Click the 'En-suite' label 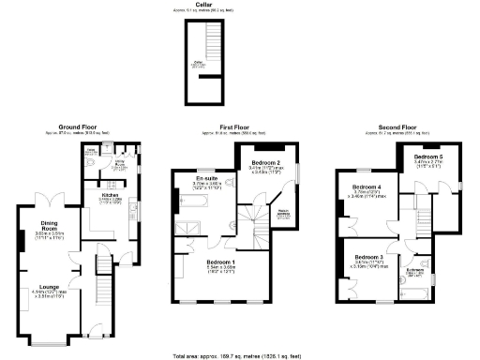click(x=206, y=177)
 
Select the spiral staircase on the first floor click(x=251, y=220)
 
